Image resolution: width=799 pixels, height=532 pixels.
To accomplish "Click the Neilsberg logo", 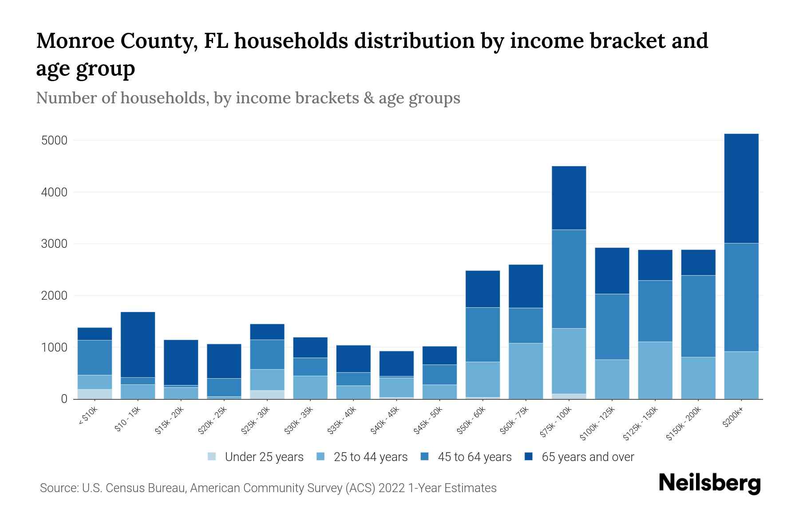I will tap(709, 483).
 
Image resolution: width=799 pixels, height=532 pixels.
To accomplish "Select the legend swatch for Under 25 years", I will tap(212, 457).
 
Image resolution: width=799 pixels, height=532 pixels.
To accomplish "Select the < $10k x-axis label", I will tap(88, 416).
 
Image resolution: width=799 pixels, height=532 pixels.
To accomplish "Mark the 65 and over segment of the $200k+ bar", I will tap(741, 188).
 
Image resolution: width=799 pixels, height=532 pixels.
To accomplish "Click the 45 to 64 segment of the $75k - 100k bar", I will tap(569, 279).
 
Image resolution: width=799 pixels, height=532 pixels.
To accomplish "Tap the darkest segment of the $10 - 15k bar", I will tap(138, 344).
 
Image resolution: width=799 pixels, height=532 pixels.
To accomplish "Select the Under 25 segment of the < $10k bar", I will tap(95, 394).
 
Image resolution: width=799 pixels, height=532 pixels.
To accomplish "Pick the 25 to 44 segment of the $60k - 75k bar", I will tap(526, 371).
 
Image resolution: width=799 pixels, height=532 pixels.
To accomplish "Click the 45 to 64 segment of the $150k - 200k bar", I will tap(698, 316).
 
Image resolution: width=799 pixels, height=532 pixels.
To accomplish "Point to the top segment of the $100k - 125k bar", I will tap(612, 270).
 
